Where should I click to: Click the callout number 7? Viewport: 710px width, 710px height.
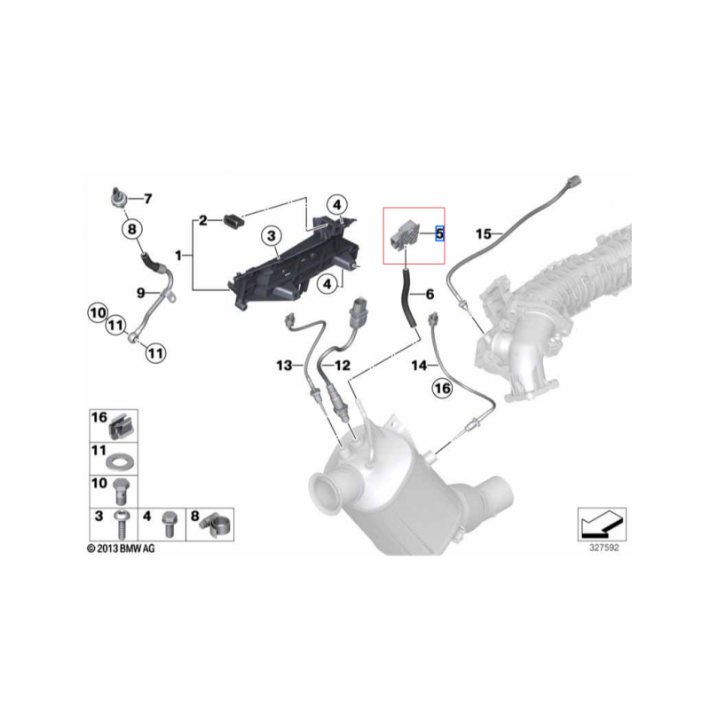[147, 199]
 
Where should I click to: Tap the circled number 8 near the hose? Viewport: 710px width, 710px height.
[131, 229]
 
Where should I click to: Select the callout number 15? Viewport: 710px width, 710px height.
[483, 234]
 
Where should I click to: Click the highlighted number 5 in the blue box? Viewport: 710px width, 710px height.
[439, 233]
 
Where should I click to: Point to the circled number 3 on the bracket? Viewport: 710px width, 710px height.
[272, 235]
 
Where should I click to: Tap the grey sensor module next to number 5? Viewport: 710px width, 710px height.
[404, 235]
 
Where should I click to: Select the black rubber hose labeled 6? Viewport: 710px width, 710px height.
[407, 297]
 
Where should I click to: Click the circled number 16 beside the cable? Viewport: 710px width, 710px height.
[442, 388]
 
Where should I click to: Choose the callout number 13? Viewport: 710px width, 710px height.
[284, 365]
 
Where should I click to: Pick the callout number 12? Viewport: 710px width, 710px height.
[342, 365]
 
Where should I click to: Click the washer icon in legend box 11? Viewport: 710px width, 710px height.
[117, 463]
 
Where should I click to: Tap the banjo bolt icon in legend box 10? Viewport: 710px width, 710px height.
[119, 492]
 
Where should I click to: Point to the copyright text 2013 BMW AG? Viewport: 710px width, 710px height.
[121, 548]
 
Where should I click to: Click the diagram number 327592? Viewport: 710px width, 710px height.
[603, 548]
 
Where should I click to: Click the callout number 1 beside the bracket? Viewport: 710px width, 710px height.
[178, 256]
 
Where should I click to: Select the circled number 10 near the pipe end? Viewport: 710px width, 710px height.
[98, 313]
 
